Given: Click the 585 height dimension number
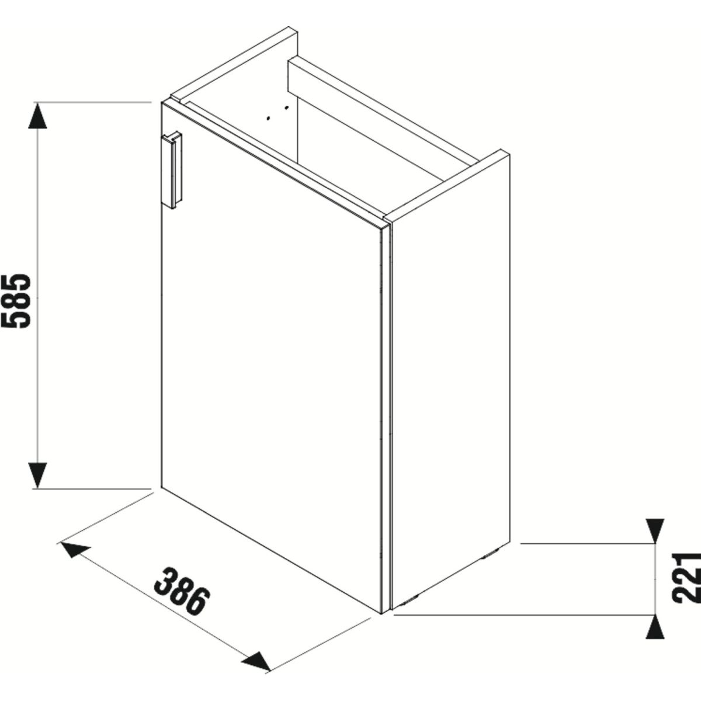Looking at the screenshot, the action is point(16,301).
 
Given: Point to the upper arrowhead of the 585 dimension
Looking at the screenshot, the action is point(37,115).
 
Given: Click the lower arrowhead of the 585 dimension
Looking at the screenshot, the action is point(37,476).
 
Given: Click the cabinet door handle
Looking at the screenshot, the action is point(172,169).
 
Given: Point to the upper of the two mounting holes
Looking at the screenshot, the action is point(287,107).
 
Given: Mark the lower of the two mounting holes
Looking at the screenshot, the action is point(269,118).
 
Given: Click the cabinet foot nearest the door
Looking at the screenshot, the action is point(410,601).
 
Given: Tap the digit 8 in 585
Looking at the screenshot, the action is point(16,301).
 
